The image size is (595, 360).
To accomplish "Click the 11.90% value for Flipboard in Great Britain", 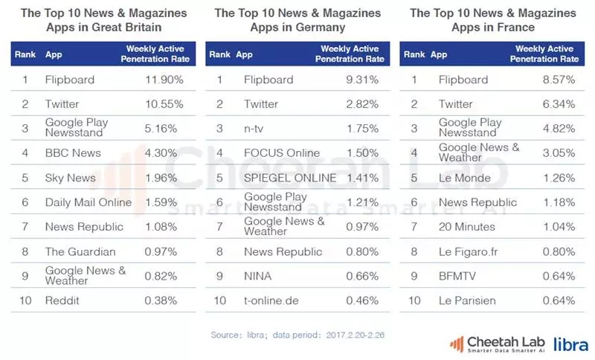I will click(161, 80).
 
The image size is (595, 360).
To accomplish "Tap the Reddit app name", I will click(62, 300).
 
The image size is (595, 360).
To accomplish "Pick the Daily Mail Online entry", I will click(88, 202).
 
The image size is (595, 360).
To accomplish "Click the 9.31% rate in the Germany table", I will click(361, 80).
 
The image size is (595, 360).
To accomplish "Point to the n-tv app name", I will click(254, 129).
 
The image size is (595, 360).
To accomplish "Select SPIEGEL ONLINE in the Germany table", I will click(290, 178).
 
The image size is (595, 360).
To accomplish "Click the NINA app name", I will click(258, 276).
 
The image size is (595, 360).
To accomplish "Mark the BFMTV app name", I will click(458, 276).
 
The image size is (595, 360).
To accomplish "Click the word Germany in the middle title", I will click(321, 28).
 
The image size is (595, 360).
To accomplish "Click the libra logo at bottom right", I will click(571, 344).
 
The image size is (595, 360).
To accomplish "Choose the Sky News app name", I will click(70, 178).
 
